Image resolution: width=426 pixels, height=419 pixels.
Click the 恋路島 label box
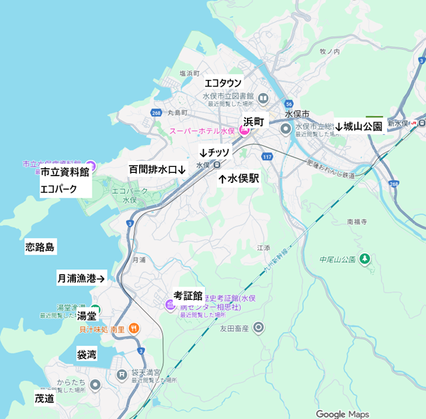tap(40, 247)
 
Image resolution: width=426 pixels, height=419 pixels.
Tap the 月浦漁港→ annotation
tap(81, 279)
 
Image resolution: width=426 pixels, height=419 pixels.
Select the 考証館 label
tap(188, 294)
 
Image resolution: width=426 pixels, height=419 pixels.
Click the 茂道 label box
tap(45, 399)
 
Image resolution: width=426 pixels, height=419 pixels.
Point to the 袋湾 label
tap(87, 354)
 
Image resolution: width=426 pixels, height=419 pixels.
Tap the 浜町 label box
tap(254, 122)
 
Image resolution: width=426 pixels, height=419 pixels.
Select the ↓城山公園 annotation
tap(359, 126)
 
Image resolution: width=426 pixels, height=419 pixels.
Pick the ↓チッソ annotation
tap(214, 152)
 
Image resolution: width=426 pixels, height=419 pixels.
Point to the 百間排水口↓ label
tap(157, 170)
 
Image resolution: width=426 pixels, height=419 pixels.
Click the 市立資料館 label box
tap(65, 172)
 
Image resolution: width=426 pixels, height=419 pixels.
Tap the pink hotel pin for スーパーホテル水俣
tap(244, 131)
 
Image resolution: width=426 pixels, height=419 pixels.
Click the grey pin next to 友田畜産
tap(258, 328)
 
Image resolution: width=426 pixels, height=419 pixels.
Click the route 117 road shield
tap(267, 156)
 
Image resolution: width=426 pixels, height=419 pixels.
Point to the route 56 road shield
tap(289, 104)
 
